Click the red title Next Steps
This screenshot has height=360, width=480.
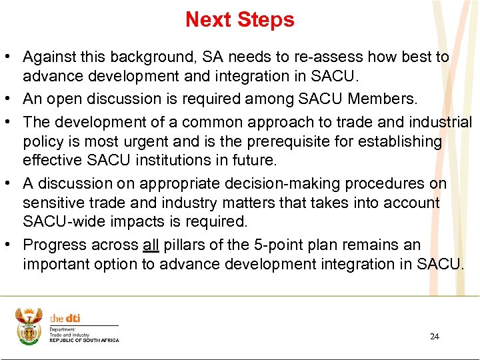(x=239, y=20)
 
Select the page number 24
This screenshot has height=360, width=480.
(x=434, y=336)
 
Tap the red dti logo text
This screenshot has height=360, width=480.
(x=65, y=319)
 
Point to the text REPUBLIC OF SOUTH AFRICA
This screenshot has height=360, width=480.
(x=84, y=341)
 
